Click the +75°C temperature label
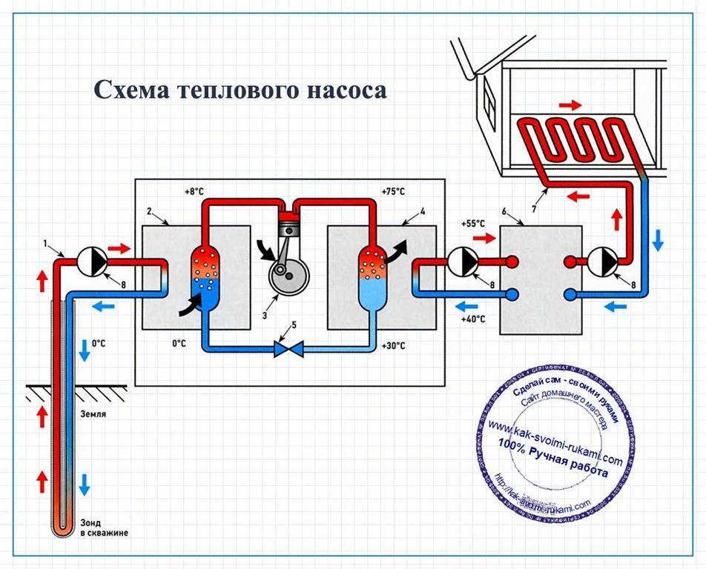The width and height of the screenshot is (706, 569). [x=393, y=191]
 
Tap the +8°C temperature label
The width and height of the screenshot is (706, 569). [x=194, y=191]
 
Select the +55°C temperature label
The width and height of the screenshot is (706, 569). [x=472, y=223]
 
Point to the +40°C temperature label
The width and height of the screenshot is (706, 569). [x=472, y=319]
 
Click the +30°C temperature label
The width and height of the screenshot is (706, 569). [x=393, y=346]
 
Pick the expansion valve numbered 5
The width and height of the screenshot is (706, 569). [x=284, y=347]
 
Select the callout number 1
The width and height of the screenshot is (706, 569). [x=45, y=244]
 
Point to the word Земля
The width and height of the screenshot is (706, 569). [x=92, y=414]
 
